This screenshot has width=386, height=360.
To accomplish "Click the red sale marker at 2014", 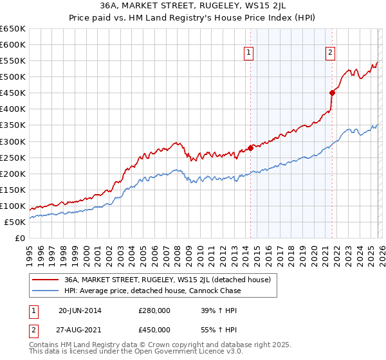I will pos(250,148).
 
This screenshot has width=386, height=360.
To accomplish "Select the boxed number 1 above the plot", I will pos(248,53).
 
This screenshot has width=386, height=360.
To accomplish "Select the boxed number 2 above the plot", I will pos(330,53).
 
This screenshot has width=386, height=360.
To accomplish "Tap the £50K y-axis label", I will pos(15,222).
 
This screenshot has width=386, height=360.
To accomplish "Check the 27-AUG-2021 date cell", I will pos(80,330).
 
